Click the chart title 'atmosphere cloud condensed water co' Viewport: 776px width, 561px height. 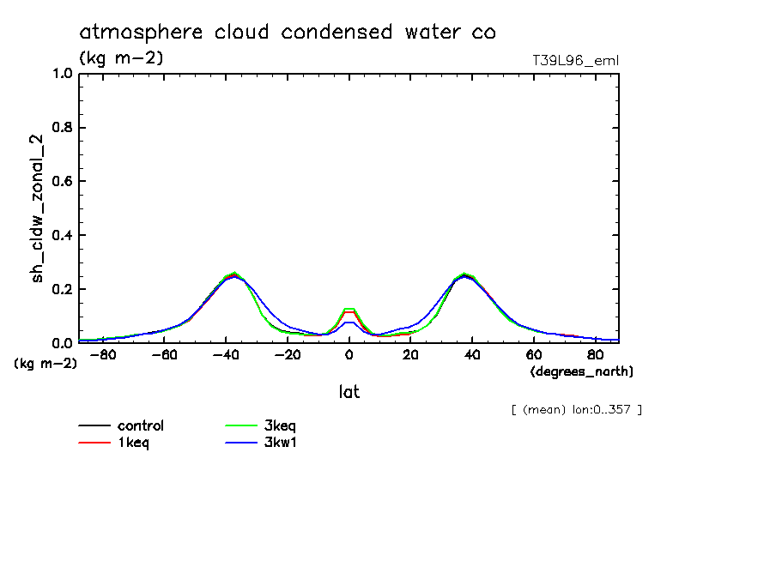tap(288, 33)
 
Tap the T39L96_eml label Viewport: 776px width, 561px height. tap(575, 60)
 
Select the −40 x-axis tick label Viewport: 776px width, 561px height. tap(225, 354)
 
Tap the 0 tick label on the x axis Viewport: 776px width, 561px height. tap(349, 354)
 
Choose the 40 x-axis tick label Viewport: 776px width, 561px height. tap(471, 354)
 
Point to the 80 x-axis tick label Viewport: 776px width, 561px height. tap(595, 354)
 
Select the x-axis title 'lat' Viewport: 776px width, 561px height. tap(349, 392)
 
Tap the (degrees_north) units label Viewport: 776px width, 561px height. tap(582, 371)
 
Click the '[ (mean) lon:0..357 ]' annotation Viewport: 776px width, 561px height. tap(576, 409)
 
